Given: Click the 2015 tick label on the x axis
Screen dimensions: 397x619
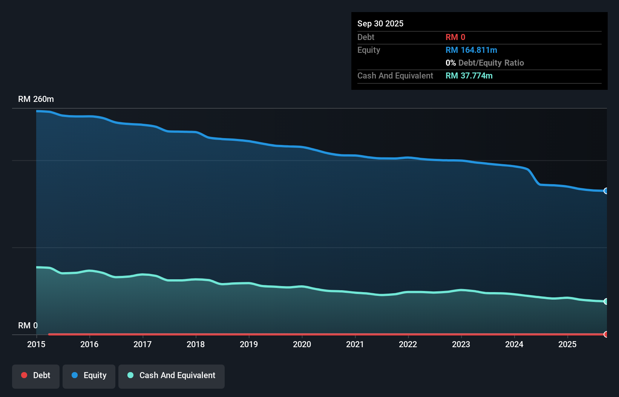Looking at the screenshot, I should (36, 344).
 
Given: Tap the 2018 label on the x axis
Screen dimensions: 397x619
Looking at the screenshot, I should (196, 344).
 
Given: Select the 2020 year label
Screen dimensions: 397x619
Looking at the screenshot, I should (302, 344).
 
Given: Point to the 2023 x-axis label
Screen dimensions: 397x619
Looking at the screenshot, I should (461, 344).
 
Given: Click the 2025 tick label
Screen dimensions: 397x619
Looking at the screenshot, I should (567, 344).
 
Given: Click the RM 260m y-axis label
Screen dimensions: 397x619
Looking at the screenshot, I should (36, 99).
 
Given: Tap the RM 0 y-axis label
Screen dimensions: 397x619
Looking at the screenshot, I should (28, 325).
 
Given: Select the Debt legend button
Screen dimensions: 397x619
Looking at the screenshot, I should (36, 375).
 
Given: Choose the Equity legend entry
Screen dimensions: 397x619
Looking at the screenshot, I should (89, 375).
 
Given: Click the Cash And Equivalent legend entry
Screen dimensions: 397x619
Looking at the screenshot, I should (172, 375).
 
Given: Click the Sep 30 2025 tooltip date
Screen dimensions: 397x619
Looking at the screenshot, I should (380, 23).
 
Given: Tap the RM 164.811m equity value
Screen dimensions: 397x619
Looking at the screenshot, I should (471, 50).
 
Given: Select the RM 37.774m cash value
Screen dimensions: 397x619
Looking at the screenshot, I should (469, 75).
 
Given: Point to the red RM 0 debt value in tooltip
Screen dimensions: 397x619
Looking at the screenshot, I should (455, 37).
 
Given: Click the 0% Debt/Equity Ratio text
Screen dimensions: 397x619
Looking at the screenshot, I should (484, 63).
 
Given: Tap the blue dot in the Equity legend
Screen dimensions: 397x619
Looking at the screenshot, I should (75, 375).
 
